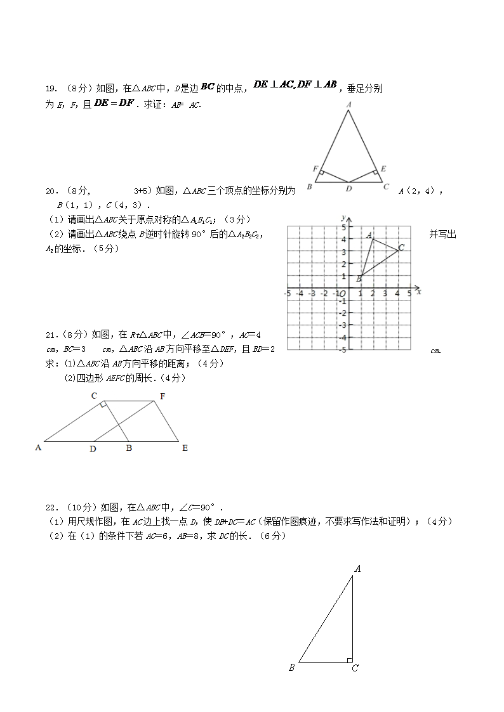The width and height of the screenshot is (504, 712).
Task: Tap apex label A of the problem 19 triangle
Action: click(348, 105)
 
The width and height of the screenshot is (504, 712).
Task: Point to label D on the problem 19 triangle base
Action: click(348, 188)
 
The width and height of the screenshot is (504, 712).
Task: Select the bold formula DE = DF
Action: click(114, 103)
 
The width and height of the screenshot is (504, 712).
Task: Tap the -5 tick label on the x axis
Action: click(287, 294)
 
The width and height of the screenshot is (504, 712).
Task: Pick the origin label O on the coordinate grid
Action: click(342, 294)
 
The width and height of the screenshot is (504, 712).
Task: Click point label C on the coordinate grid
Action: click(401, 247)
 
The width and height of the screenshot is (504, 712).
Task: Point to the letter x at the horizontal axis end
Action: click(419, 292)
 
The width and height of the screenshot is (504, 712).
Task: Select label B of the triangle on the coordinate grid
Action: click(359, 278)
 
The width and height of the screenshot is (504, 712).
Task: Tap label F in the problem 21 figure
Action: click(162, 396)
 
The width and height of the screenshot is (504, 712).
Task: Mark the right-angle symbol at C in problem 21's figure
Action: click(103, 405)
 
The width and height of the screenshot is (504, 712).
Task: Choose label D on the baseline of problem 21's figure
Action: click(93, 449)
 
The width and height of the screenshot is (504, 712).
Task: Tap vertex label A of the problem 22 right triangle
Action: click(358, 569)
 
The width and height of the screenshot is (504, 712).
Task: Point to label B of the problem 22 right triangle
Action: click(291, 667)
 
